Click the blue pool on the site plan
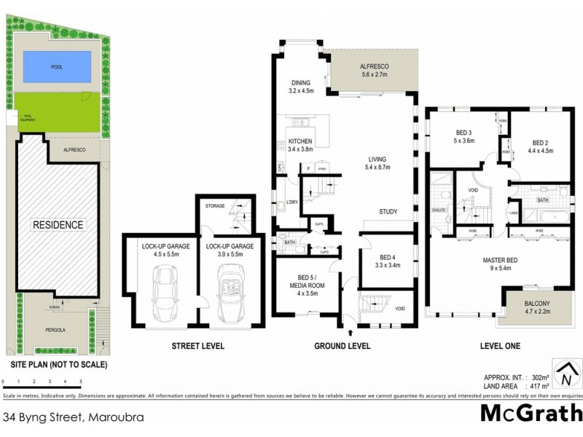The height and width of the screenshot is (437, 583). pos(56,68)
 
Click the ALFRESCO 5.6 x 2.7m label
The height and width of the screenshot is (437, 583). pos(375,71)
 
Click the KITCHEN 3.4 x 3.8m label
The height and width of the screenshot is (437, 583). pos(300,145)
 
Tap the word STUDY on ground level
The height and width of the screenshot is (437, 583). pos(388,213)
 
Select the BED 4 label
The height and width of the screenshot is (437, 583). pos(387,261)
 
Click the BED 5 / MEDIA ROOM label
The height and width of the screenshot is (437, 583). pos(307,281)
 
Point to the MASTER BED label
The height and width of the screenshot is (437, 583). pos(500,263)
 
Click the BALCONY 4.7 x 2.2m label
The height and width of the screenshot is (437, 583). pos(540,307)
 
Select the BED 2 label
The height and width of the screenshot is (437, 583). pos(544,146)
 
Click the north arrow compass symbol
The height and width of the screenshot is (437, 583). pos(565,377)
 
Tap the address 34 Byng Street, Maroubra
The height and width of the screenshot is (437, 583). pos(73,418)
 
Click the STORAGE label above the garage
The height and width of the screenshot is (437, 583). pos(214,206)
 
